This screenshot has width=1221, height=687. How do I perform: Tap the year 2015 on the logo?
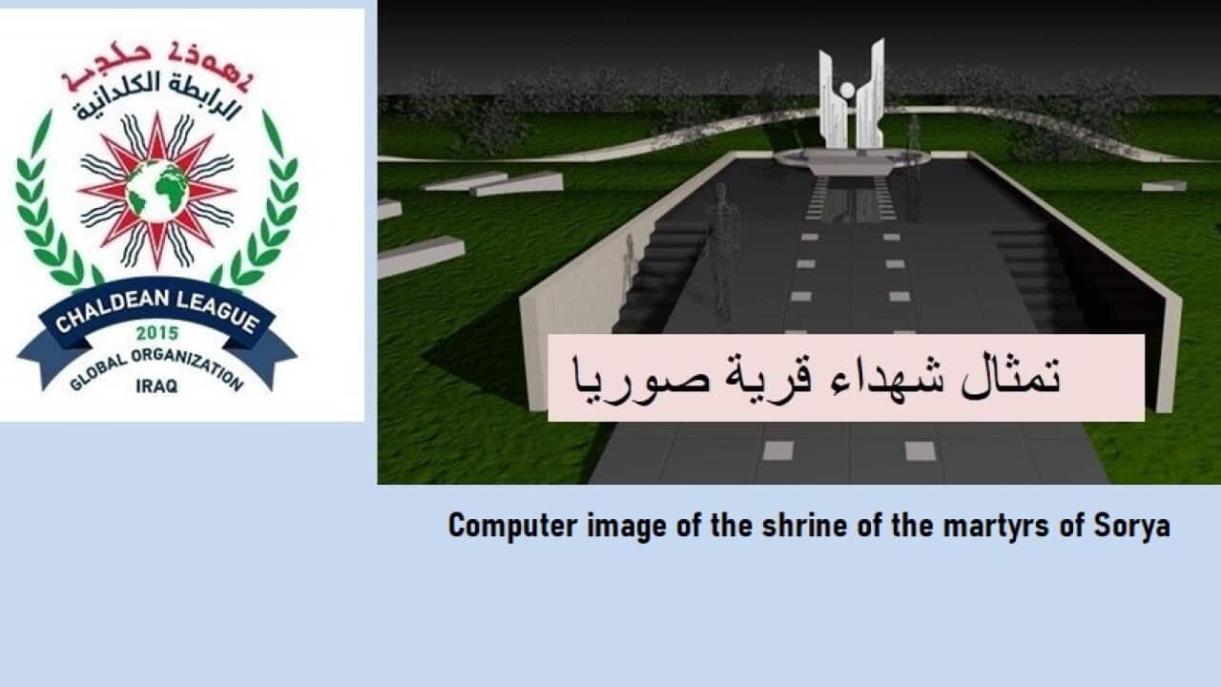(x=156, y=333)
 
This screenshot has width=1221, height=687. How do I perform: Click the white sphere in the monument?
(x=845, y=92)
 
